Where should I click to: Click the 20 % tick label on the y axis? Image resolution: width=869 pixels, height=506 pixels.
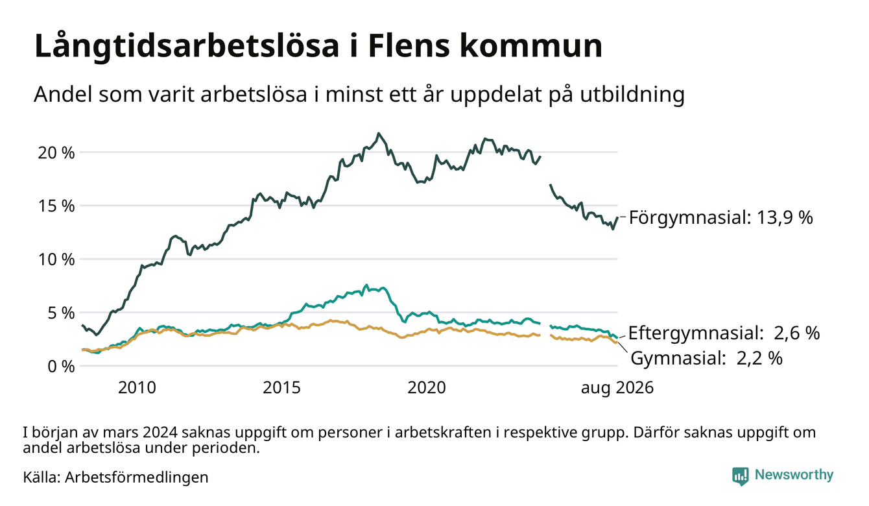[56, 153]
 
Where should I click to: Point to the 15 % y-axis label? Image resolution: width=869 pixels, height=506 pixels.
[56, 206]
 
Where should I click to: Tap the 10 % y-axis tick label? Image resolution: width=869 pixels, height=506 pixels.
[56, 259]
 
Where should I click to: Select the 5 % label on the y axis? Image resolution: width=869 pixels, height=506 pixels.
[61, 313]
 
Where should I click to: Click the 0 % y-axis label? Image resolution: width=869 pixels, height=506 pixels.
[61, 367]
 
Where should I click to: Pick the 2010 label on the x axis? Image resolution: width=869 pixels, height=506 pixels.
[137, 388]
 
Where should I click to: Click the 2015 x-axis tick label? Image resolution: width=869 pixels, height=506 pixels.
[281, 388]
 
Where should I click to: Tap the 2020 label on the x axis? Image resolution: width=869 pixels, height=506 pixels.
[426, 388]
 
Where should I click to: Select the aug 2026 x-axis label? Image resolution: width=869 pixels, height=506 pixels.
[617, 388]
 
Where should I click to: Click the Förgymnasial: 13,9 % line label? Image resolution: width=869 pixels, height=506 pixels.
[720, 218]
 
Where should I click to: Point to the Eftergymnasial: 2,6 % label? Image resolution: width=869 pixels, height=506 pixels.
[724, 333]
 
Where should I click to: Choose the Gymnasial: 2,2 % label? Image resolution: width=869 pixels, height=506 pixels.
[706, 358]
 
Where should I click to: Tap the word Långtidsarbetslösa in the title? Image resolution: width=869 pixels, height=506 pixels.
[187, 47]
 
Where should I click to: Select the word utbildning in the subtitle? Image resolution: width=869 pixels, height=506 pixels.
[632, 95]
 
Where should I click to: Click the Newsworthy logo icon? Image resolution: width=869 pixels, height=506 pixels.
[740, 476]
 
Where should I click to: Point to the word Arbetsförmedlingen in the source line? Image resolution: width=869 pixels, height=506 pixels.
[137, 477]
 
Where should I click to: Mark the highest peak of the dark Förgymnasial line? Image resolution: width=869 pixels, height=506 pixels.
[379, 134]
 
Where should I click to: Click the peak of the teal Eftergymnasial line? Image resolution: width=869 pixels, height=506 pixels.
[366, 285]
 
